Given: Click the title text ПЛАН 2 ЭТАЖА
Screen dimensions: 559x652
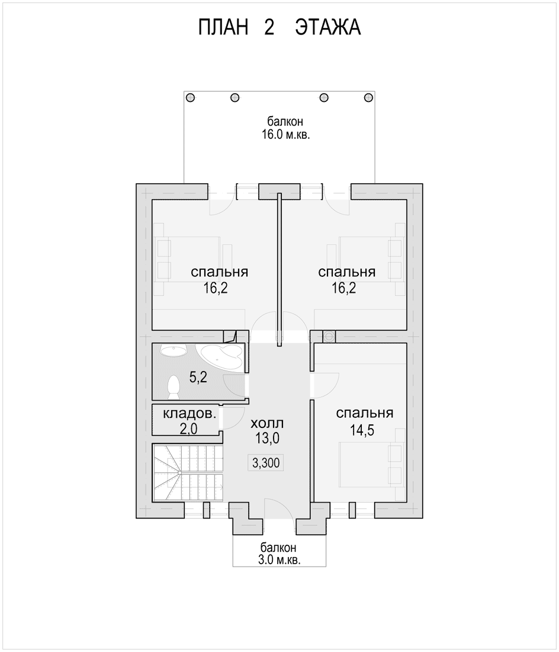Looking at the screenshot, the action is click(279, 27).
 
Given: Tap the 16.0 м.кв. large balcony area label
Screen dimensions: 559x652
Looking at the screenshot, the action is click(286, 135).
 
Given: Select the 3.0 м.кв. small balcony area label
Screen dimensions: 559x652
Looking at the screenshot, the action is click(279, 560).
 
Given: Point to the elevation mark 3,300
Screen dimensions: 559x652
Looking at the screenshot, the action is click(266, 462).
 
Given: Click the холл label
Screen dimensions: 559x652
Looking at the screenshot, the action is click(268, 423).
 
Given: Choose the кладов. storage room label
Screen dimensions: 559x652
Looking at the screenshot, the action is click(189, 414).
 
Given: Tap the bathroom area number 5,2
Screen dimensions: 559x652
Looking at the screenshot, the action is click(198, 378).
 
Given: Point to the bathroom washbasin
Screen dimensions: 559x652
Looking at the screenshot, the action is click(173, 351).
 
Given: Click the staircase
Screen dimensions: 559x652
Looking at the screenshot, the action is click(188, 473).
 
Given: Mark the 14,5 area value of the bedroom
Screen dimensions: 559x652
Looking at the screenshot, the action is click(362, 430).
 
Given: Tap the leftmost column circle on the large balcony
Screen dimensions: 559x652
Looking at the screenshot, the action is click(190, 98).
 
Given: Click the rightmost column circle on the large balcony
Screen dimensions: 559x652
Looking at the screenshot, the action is click(368, 98).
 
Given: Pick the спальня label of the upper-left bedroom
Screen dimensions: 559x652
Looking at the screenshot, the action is click(219, 273).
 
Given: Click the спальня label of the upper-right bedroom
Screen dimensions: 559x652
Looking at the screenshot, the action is click(347, 273).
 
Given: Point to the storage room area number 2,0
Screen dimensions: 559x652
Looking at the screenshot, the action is click(188, 429).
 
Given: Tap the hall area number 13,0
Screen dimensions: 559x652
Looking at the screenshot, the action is click(267, 438).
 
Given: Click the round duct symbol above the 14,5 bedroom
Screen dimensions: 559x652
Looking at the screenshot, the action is click(329, 337).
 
